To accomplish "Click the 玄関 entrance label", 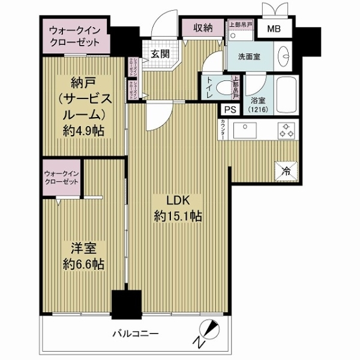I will pos(159,53).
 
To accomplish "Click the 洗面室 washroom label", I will pos(248,58).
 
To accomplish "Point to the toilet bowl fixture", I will pos(224,88).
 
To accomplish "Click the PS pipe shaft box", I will pos(230,109).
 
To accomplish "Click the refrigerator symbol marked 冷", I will pos(286,170).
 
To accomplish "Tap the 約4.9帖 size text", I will pos(82,131).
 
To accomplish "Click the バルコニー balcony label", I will pos(135,333).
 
